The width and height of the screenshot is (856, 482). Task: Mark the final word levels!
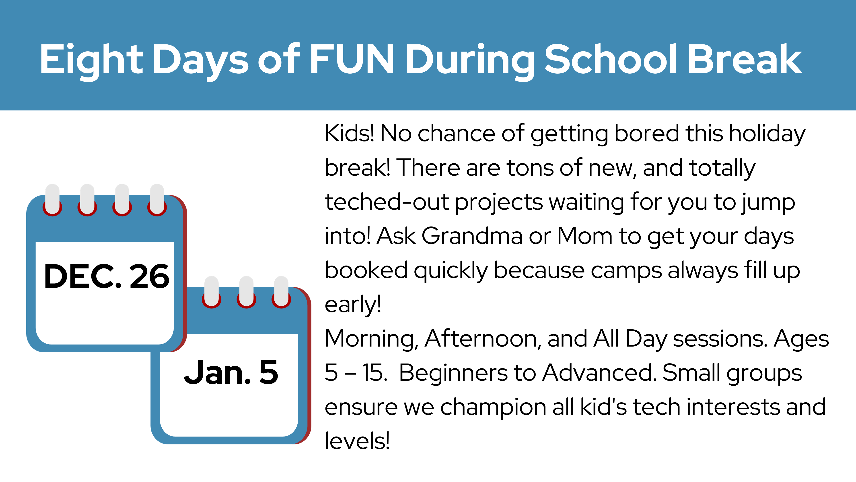click(x=357, y=441)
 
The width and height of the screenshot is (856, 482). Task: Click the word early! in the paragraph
click(x=353, y=305)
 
